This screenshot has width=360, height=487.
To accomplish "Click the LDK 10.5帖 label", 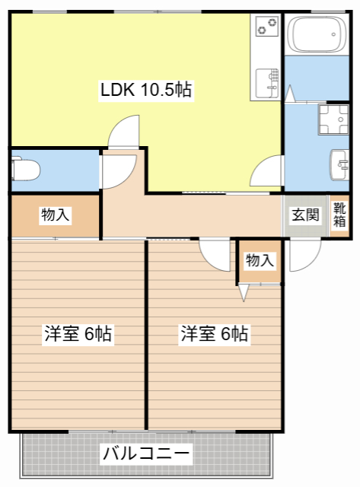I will click(146, 91).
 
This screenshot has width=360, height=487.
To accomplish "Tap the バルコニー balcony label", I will click(146, 454).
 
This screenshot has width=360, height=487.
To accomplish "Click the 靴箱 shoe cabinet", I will click(339, 215).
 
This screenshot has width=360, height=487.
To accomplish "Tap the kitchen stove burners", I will click(266, 27).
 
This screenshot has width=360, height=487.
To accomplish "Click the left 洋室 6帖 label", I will click(78, 333).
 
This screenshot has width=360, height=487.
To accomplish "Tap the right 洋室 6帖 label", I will click(214, 333).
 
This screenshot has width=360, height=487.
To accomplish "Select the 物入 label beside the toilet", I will click(56, 215).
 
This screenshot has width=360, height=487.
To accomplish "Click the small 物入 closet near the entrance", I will click(260, 260).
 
